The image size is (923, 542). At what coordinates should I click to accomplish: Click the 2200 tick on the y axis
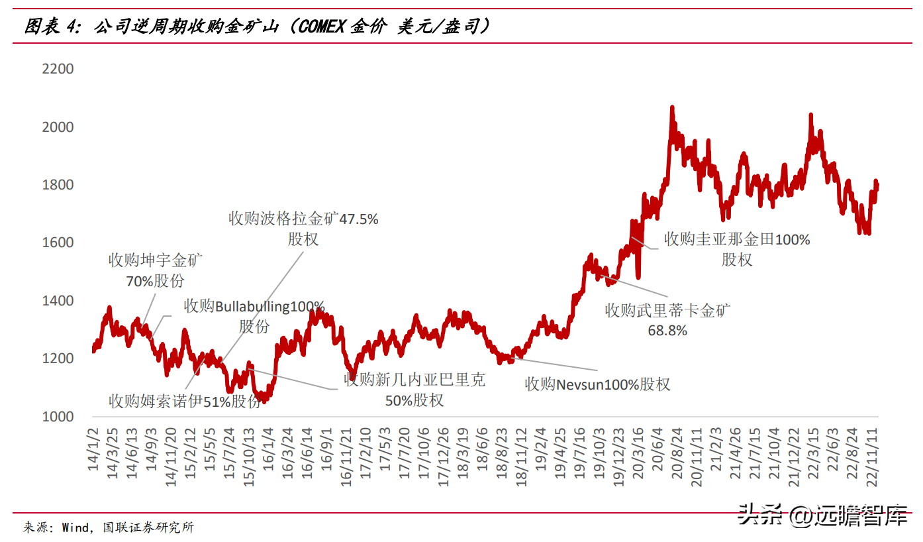58,69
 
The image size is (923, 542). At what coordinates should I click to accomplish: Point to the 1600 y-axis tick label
58,243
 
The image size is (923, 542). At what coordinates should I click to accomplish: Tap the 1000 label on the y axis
58,417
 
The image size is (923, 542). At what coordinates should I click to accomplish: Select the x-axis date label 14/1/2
93,449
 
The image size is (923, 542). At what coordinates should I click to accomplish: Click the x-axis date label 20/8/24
677,453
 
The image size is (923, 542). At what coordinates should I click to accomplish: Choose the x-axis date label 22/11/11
872,457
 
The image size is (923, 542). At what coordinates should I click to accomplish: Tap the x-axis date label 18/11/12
522,457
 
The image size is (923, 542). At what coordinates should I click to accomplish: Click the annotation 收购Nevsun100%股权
597,384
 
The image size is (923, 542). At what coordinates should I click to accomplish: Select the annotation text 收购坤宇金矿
156,260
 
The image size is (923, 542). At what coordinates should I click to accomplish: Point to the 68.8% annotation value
667,331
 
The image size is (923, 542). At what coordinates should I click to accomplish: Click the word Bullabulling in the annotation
252,307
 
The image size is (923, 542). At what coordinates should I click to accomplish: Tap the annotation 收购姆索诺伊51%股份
185,400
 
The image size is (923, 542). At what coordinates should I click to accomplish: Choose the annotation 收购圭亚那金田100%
737,239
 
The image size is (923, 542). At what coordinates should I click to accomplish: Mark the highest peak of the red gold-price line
672,107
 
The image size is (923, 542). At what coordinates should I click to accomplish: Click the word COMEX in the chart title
321,27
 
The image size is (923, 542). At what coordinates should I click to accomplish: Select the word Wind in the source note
75,527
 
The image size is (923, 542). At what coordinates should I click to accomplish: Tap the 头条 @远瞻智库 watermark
822,515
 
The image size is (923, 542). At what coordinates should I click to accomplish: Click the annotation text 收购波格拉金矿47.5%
303,219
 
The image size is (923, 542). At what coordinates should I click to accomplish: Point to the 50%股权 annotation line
414,400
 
